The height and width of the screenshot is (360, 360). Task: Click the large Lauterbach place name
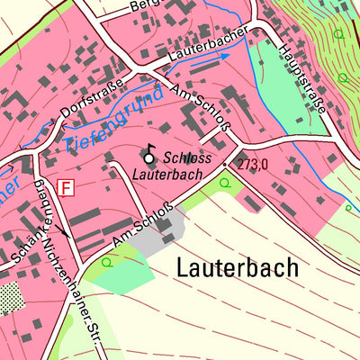(x=238, y=268)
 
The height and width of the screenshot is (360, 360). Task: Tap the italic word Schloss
(x=187, y=157)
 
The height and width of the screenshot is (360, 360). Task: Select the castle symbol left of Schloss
(x=149, y=157)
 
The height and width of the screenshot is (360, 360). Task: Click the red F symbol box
(x=65, y=187)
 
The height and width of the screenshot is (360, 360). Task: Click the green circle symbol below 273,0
(x=224, y=182)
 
